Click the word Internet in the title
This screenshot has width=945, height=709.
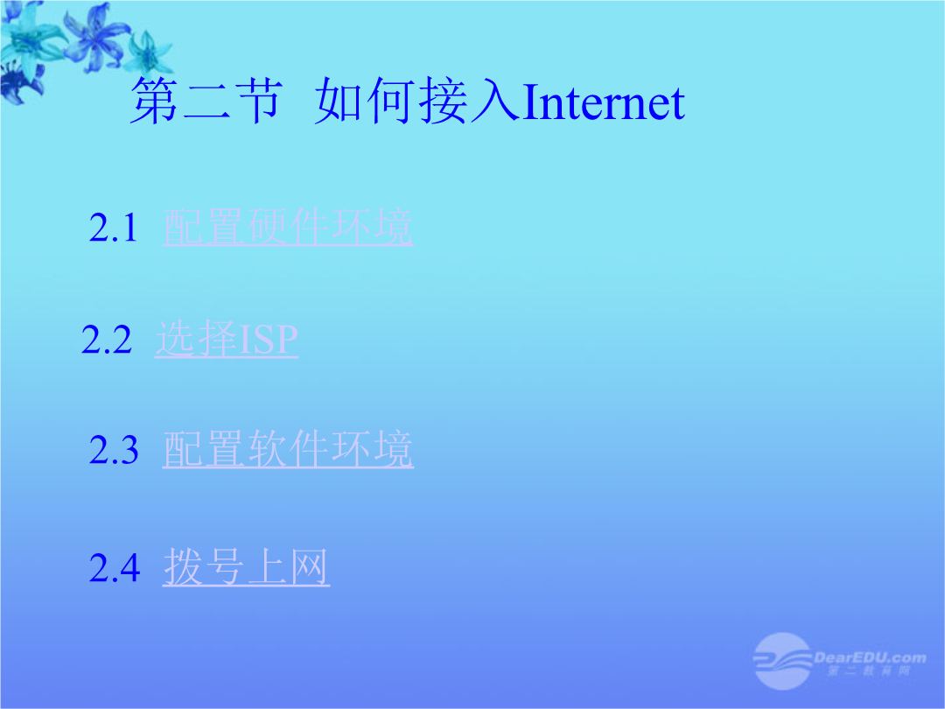point(603,102)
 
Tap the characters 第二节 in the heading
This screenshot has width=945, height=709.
point(206,101)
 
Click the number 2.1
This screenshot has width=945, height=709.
point(113,228)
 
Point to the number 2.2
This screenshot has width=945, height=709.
point(106,340)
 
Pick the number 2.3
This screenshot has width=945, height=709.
point(114,451)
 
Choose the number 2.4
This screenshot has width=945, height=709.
point(115,568)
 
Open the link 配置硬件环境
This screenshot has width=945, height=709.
point(288,228)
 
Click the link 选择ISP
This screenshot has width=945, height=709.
point(227,339)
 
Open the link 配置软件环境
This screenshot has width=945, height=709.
point(288,450)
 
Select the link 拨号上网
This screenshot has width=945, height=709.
point(246,567)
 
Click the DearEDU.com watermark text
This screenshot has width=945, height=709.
point(870,657)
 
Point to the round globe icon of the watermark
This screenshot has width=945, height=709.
point(782,661)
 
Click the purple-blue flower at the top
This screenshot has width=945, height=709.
point(95,38)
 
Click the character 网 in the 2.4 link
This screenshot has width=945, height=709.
point(309,567)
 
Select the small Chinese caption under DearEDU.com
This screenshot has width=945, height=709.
point(869,671)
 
